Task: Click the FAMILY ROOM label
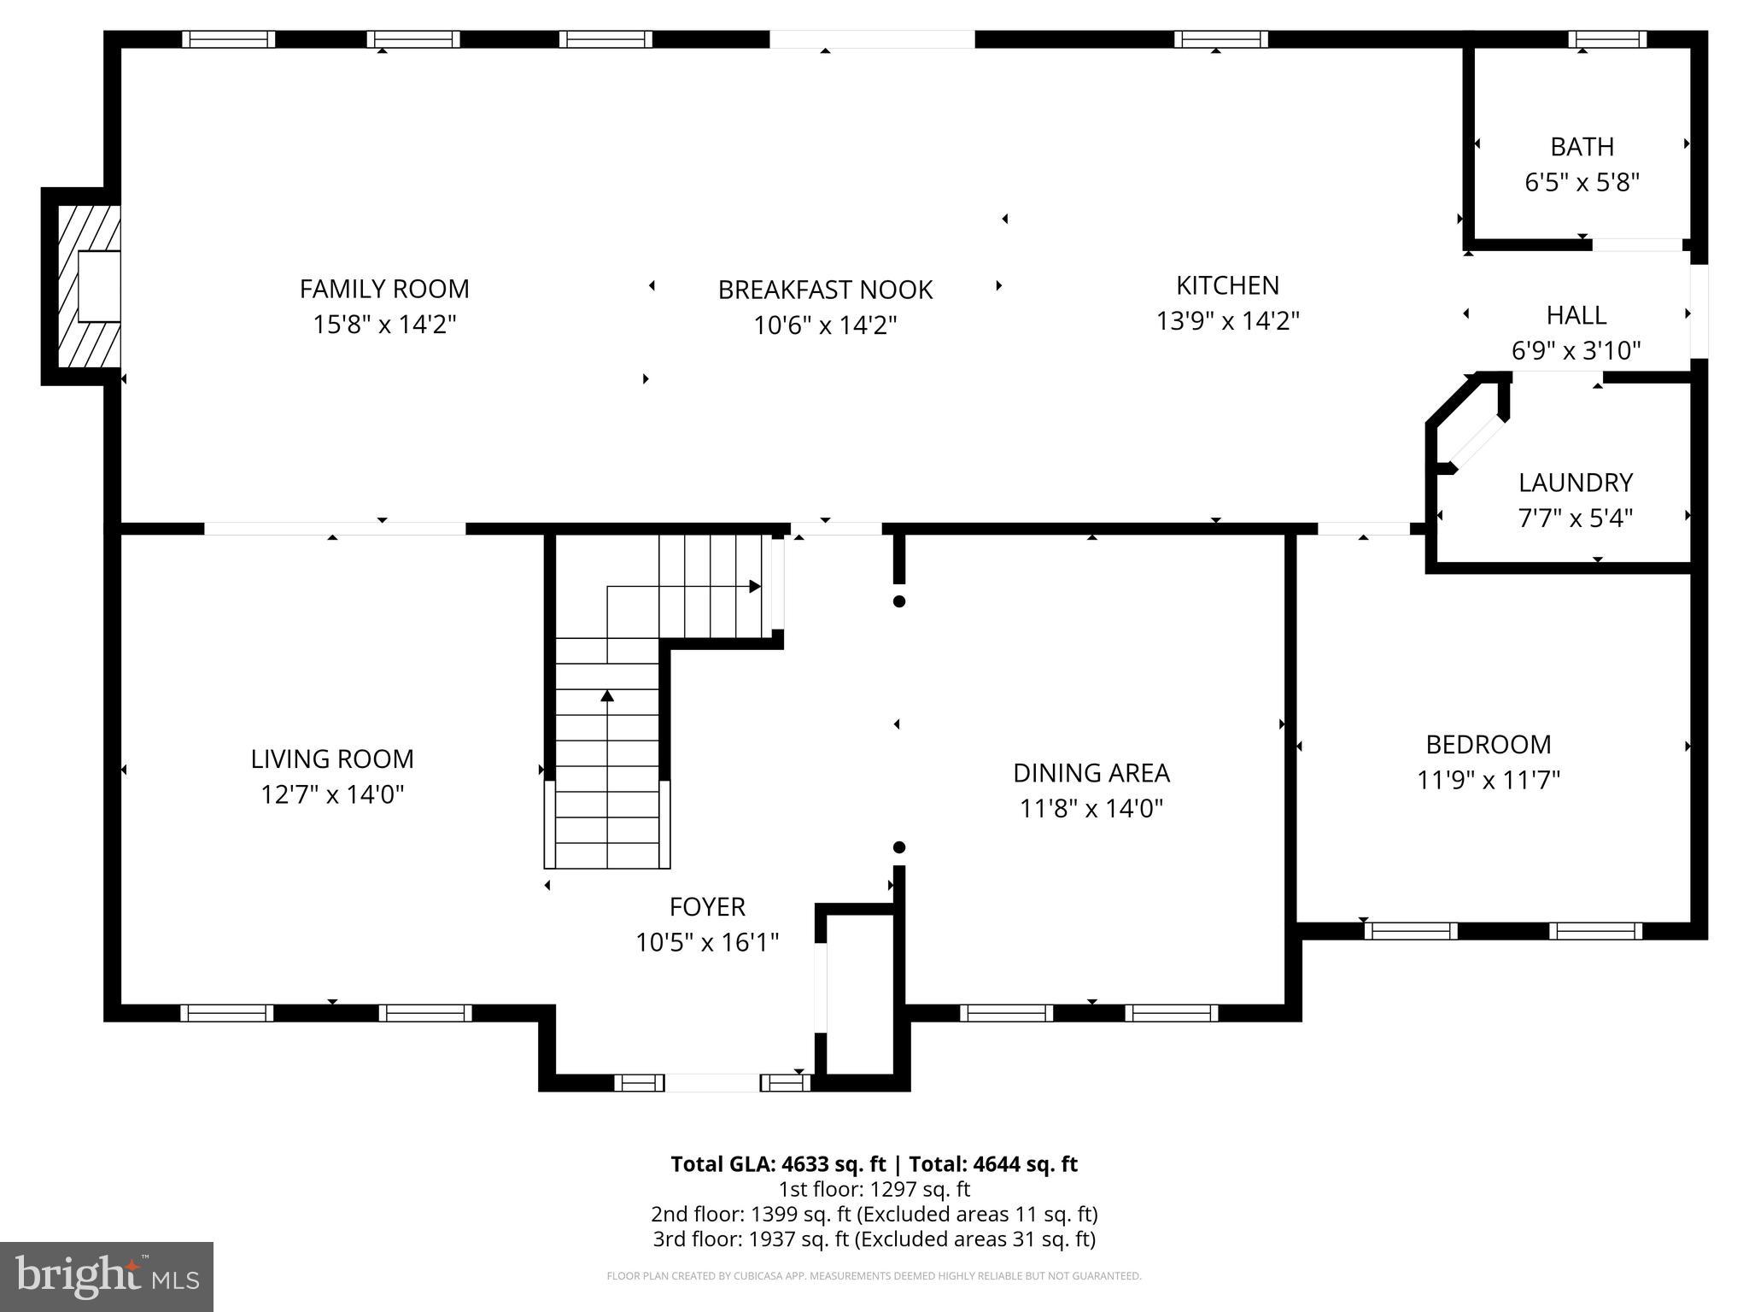pos(384,289)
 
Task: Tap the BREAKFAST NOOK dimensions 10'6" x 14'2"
pos(825,325)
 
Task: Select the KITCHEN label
pos(1227,285)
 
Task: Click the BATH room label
pos(1582,147)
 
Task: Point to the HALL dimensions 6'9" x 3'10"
pos(1576,350)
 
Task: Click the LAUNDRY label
pos(1575,483)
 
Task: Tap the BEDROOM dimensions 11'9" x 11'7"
pos(1489,780)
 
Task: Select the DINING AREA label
pos(1091,773)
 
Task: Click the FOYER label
pos(707,906)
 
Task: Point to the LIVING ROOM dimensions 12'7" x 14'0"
pos(331,794)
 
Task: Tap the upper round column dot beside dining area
pos(898,601)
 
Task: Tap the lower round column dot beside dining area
pos(898,847)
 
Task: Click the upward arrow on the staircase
pos(607,696)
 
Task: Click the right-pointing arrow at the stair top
pos(754,586)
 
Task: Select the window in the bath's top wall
pos(1606,39)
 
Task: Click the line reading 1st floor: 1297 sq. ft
pos(874,1189)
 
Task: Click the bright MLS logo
pos(107,1276)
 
